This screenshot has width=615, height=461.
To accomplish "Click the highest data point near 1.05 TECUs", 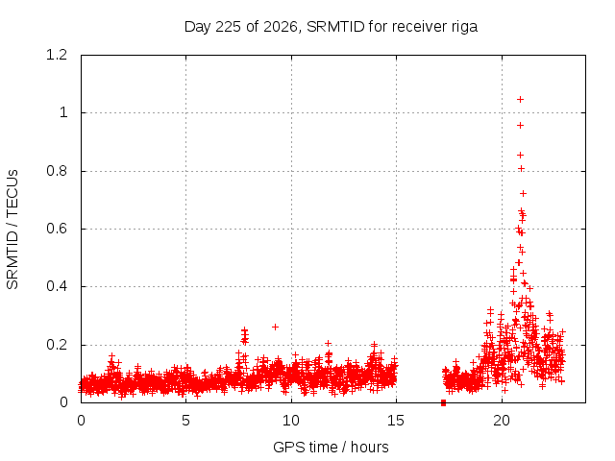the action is coord(520,100).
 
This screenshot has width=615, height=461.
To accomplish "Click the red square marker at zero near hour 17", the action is coord(443,402).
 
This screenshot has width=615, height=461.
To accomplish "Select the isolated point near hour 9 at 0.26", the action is coord(275,327).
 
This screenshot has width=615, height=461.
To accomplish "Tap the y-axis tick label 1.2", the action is coord(57,55).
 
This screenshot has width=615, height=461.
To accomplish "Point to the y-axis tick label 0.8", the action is coord(57,171).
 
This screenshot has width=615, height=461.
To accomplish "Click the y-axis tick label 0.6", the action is coord(57,229).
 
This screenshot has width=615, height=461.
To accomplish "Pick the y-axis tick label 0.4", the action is coord(57,286).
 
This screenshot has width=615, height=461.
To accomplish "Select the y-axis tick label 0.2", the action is coord(57,345).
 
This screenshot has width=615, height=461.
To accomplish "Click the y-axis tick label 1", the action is coord(63,113).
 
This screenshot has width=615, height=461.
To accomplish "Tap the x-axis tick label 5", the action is coord(185,421).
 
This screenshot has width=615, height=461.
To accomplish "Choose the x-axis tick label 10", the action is coord(290,421).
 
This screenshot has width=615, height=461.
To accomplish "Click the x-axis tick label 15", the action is coord(396,421).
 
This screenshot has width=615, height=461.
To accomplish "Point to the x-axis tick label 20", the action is coord(502,421).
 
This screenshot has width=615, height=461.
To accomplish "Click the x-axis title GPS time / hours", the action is coord(331,447).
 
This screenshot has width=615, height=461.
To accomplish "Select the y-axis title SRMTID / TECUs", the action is coord(12,230).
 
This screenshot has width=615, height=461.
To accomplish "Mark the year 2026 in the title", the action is coord(281,27).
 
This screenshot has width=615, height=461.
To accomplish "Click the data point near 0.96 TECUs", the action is coord(520,126).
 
